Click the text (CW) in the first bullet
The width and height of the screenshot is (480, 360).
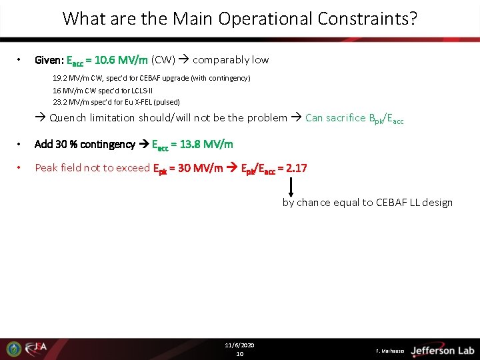click(163, 60)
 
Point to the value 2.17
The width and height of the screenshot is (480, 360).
click(296, 168)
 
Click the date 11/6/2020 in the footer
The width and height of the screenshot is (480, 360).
click(239, 345)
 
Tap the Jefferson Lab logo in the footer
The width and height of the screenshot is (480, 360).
click(442, 350)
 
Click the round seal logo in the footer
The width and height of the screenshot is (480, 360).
click(13, 349)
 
